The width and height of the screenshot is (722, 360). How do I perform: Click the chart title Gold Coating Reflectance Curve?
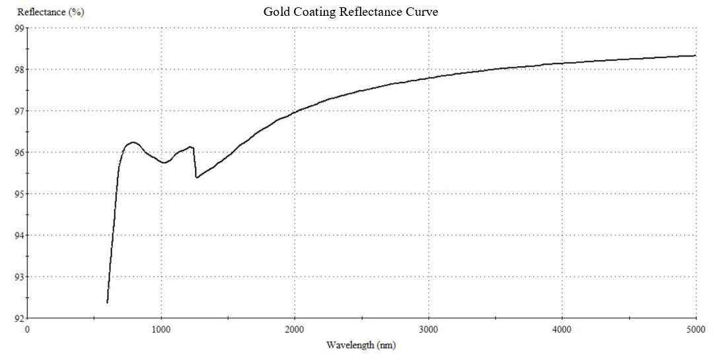351,12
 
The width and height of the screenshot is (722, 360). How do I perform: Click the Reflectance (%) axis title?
51,12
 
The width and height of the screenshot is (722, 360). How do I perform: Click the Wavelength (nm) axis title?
361,345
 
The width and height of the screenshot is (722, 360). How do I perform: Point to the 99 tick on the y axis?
19,28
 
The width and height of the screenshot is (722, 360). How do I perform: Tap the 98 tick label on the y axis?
19,69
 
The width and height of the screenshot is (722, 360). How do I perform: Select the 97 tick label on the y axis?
19,111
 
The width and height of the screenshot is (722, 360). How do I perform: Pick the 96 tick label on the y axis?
19,153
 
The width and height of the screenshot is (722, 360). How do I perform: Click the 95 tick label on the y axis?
19,194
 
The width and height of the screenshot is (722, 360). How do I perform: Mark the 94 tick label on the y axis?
19,236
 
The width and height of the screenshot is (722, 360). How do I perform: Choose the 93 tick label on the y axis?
19,277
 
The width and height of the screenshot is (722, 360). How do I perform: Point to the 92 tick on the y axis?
19,318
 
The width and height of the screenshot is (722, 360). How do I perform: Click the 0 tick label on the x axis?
27,328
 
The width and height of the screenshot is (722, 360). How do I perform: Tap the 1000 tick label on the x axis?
161,328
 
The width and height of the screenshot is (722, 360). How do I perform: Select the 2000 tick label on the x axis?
295,328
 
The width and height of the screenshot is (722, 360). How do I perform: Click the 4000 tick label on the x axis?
562,328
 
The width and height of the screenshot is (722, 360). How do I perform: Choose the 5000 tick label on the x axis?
696,328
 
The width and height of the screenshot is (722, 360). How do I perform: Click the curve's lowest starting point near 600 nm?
107,303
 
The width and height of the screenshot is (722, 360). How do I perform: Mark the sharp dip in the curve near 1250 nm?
196,177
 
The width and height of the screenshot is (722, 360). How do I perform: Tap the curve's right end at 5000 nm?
696,55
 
